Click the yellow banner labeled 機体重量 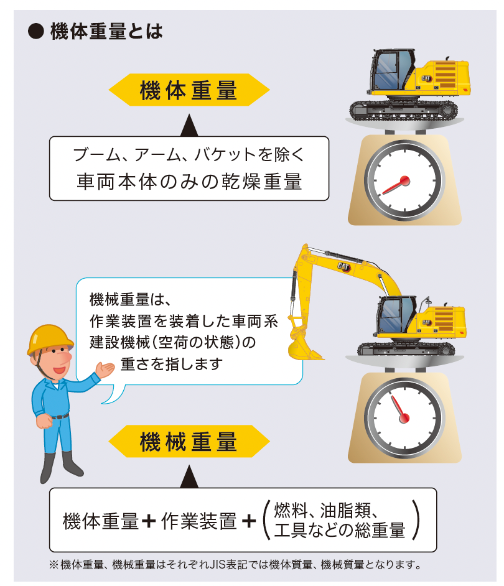tap(189, 91)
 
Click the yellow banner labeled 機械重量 tap(189, 442)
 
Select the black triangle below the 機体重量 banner tap(189, 128)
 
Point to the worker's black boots tap(60, 467)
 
